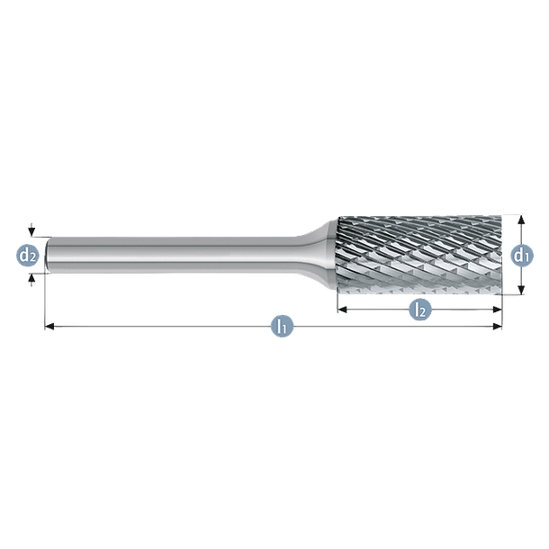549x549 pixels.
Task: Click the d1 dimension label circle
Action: (522, 256)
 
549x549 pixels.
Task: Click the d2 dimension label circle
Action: (27, 256)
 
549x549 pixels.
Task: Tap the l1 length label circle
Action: (283, 327)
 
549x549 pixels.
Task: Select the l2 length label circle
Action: (420, 310)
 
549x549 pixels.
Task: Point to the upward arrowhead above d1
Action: (521, 220)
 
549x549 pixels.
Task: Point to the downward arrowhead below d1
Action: (521, 290)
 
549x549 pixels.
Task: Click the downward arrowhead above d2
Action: (31, 231)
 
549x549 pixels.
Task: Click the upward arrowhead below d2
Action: (31, 278)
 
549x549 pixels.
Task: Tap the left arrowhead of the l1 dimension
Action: (49, 327)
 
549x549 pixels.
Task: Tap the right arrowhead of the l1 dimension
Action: (497, 327)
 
